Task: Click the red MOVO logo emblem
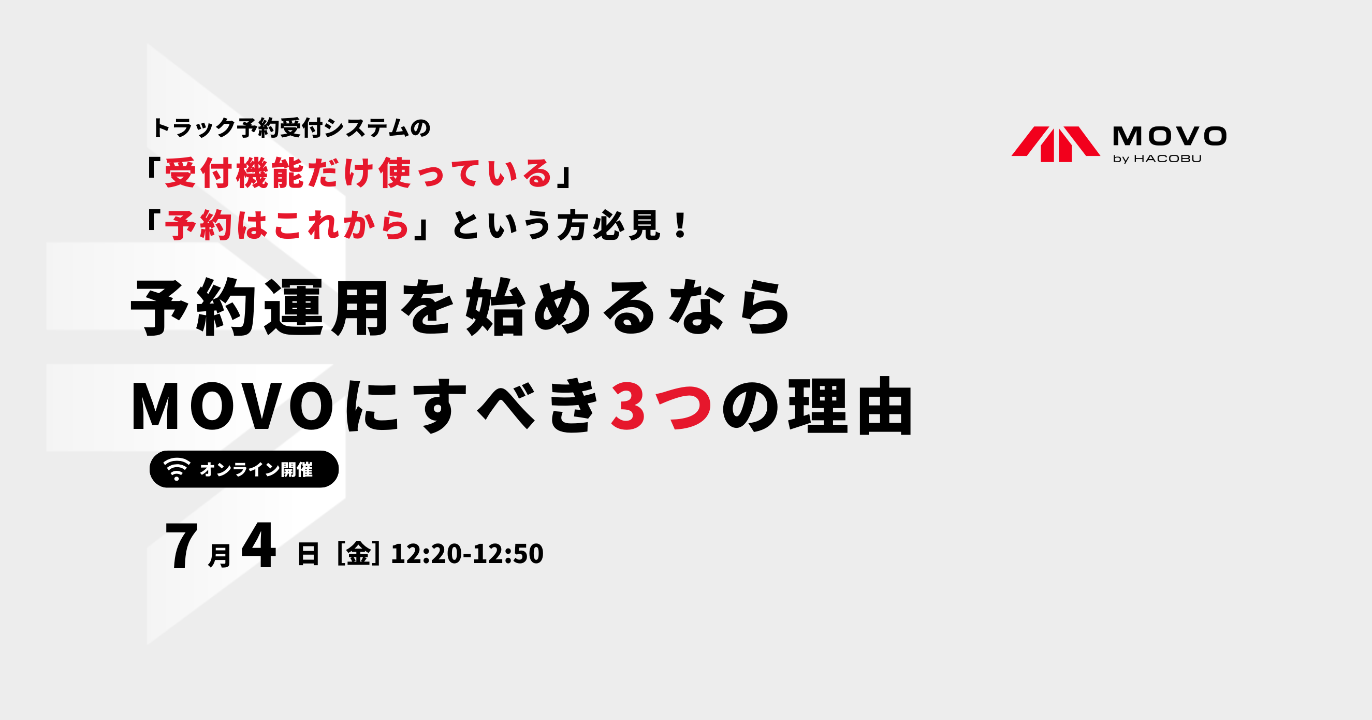click(x=1056, y=144)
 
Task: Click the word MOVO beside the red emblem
click(x=1170, y=136)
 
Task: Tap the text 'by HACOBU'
click(x=1157, y=159)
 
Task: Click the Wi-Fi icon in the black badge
click(x=177, y=469)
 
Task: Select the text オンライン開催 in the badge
click(x=256, y=469)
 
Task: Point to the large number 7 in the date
click(x=182, y=546)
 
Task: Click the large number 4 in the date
click(x=259, y=545)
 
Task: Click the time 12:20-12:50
click(x=467, y=554)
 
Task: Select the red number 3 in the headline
click(x=629, y=406)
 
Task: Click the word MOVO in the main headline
click(x=233, y=406)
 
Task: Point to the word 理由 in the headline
click(x=851, y=406)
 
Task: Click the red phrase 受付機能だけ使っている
click(x=358, y=174)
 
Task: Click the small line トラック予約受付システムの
click(x=291, y=128)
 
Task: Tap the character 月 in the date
click(x=220, y=555)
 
